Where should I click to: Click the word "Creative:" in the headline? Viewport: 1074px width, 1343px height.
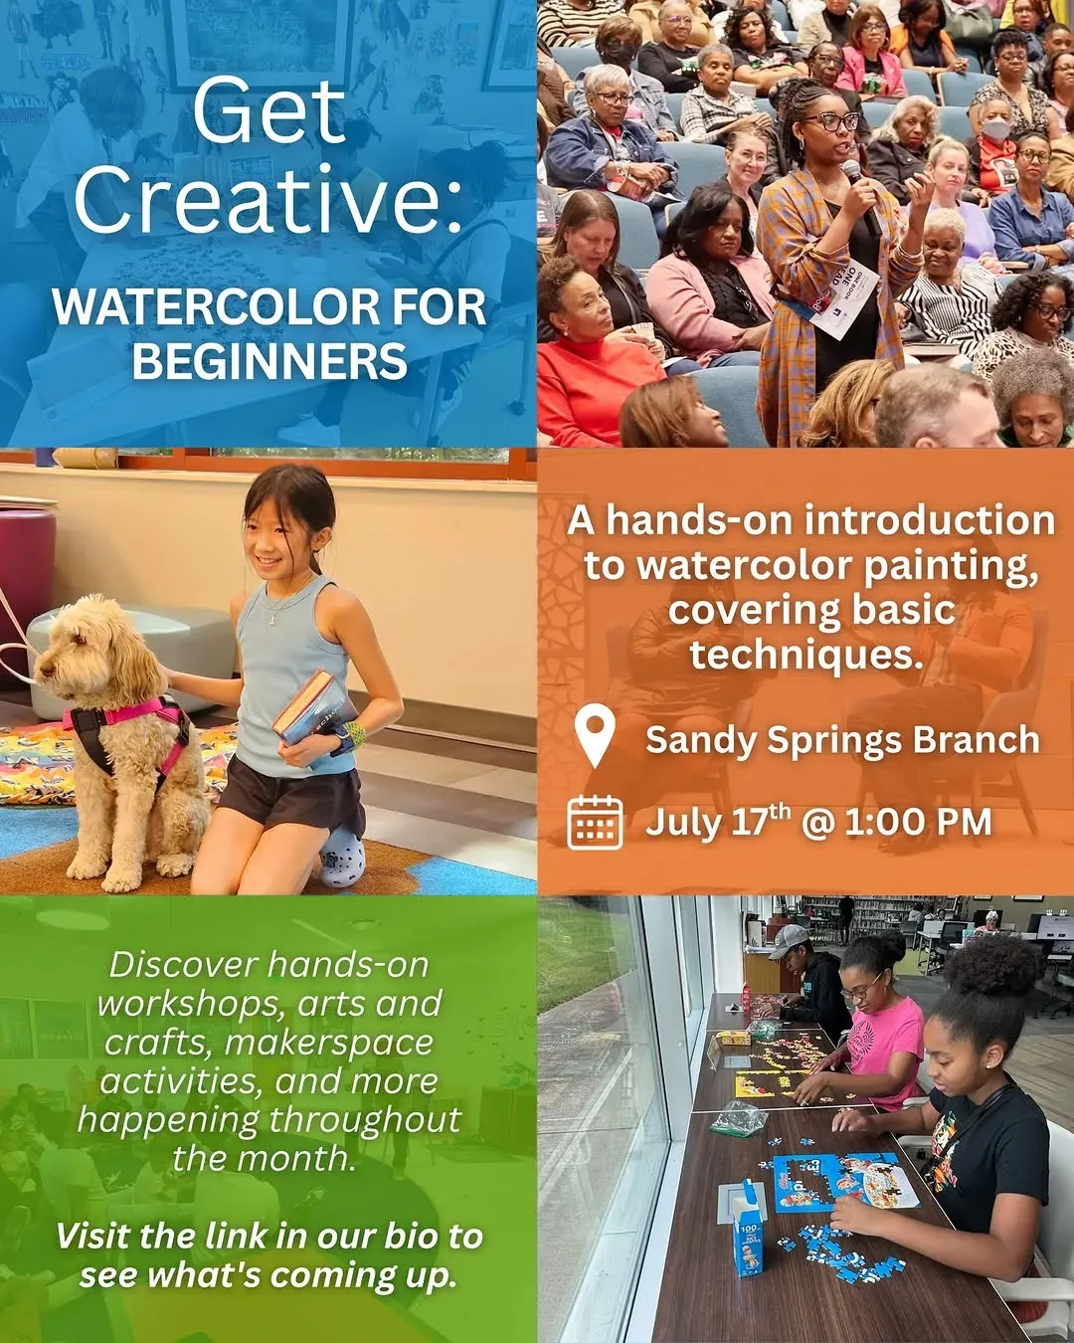[268, 201]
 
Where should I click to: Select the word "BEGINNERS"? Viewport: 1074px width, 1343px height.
[269, 361]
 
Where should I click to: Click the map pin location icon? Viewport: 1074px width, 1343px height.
[596, 734]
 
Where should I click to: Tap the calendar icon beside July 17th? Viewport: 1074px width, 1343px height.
[595, 822]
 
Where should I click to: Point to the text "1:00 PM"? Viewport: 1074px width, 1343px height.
[918, 822]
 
